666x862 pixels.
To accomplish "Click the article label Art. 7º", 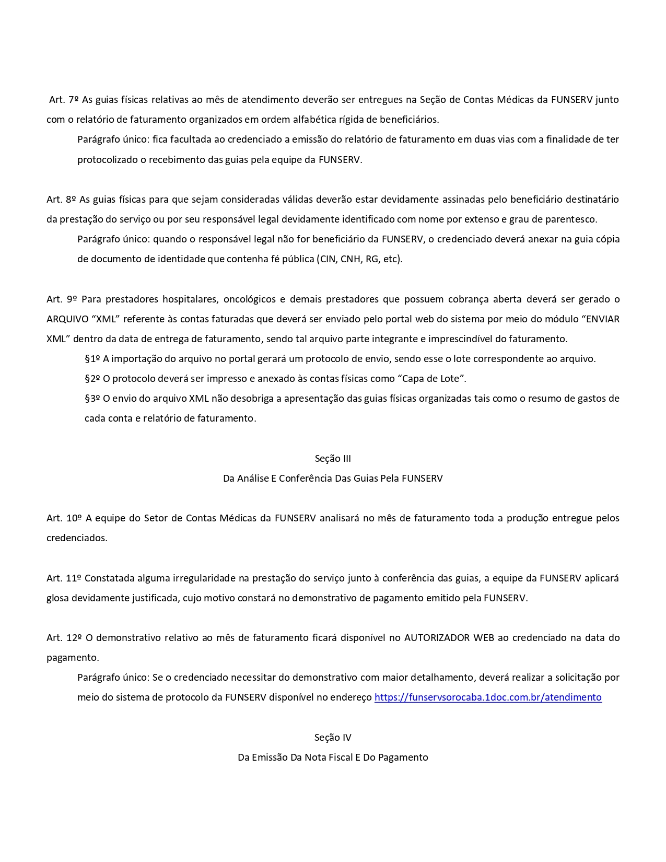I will [x=63, y=99].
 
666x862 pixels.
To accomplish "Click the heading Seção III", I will [x=333, y=458].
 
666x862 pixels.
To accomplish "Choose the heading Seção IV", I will [x=333, y=737].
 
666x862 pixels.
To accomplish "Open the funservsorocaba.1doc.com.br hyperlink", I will [x=488, y=697].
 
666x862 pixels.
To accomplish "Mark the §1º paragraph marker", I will [x=92, y=358].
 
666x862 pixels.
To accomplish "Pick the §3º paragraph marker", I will [x=92, y=398].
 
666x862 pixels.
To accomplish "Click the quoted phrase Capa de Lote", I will [x=431, y=378].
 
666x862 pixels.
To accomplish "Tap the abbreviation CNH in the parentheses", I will [x=350, y=259].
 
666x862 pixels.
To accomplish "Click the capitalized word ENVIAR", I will [x=600, y=319].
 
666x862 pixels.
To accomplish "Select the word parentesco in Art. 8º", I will [x=572, y=219].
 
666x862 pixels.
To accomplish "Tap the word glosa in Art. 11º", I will [x=58, y=598].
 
